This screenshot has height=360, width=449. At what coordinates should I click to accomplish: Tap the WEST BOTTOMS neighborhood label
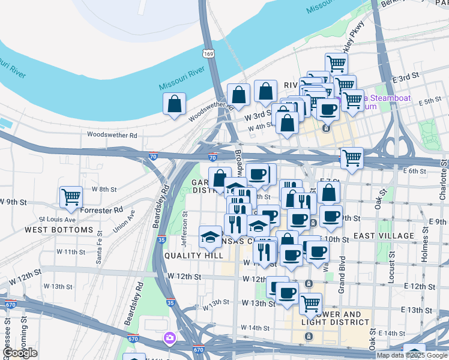(x=59, y=230)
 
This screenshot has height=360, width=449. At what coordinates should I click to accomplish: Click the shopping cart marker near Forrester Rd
(x=71, y=196)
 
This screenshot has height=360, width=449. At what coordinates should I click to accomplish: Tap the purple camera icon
(x=170, y=338)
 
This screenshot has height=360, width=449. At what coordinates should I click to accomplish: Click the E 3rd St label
(x=405, y=79)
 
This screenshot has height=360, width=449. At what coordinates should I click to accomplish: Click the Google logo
(x=20, y=353)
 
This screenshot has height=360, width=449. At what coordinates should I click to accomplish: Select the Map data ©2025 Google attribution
(x=412, y=355)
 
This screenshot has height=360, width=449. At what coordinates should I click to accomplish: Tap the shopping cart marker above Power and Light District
(x=310, y=304)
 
